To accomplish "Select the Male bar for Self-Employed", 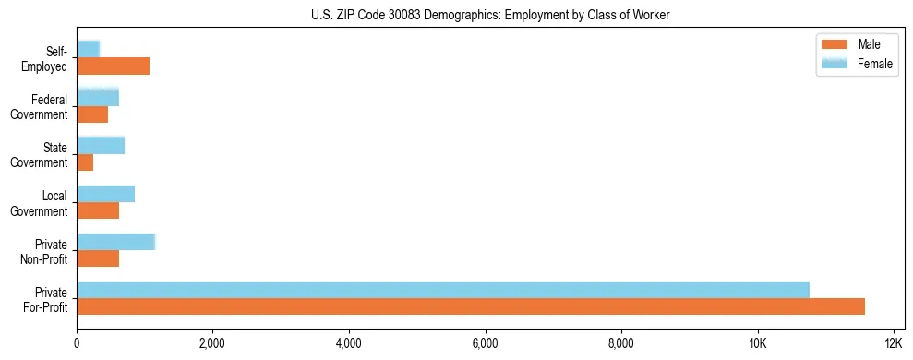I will coord(113,66).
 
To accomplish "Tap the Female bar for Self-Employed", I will coord(88,49).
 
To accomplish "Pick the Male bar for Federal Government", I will coord(92,114).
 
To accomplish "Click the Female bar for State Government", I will coord(101,145).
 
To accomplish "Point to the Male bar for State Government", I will coord(85,162).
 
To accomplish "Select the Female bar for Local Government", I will coord(105,194).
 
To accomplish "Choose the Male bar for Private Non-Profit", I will coord(98,258).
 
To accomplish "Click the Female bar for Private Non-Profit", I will coord(115,242).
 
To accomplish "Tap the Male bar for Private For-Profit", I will coord(471,306).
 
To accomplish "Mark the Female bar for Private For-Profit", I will coord(443,290).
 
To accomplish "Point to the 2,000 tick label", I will coord(212,343).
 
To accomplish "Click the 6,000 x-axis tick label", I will coord(485,343).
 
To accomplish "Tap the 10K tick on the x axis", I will coord(757,343).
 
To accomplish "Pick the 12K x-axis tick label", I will coord(893,343).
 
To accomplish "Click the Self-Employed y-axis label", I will coord(50,58).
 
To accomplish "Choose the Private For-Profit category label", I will coord(45,299).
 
